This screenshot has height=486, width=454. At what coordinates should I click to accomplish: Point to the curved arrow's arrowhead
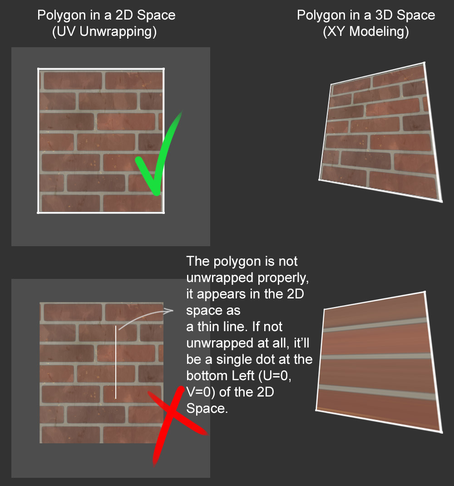(170, 311)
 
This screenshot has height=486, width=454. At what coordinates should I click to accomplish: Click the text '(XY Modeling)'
(365, 32)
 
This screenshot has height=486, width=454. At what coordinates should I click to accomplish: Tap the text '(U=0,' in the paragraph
(294, 376)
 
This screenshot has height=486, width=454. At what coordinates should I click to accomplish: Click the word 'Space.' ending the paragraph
(207, 408)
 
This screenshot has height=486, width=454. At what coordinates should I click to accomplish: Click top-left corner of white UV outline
(38, 69)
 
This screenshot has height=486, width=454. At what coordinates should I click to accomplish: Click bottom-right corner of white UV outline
(163, 212)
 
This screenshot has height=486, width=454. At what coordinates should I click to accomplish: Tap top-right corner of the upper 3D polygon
(424, 63)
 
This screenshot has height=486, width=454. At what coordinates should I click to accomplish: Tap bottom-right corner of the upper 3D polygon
(441, 200)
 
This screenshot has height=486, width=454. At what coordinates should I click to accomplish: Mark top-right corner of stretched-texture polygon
(424, 292)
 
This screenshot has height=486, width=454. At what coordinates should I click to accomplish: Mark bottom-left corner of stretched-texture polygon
(316, 410)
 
